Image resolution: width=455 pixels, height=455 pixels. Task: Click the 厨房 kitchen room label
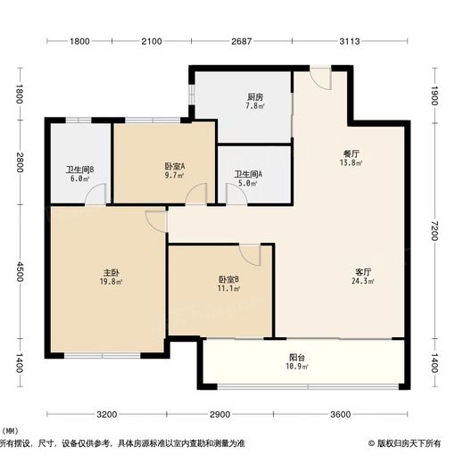pos(254,97)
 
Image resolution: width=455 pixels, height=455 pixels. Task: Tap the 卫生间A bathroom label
pos(246,175)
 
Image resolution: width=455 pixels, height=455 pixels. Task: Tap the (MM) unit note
pos(12,432)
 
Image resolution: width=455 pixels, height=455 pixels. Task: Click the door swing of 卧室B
pos(251,255)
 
